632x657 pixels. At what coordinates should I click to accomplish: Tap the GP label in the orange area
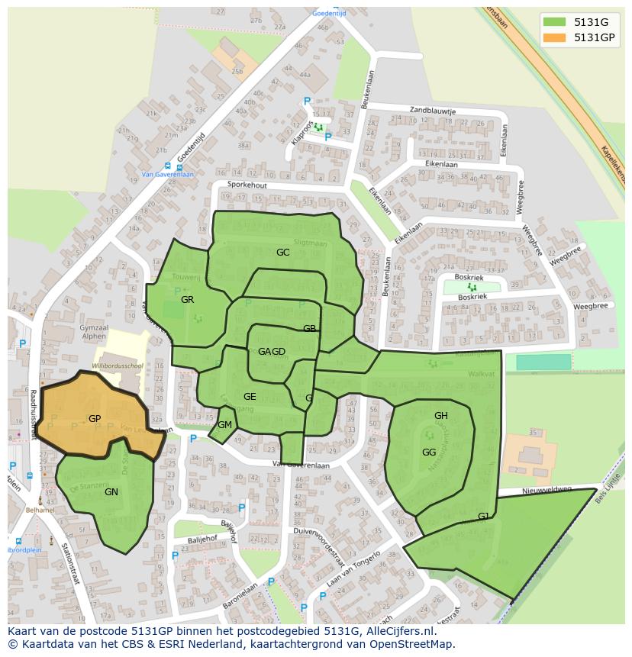[95, 419]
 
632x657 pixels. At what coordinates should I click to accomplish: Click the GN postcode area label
[111, 492]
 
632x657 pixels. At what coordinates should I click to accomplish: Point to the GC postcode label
[283, 252]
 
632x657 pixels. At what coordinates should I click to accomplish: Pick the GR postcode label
[188, 300]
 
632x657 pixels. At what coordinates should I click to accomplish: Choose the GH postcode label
[441, 416]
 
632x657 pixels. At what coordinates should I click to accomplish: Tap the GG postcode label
[429, 452]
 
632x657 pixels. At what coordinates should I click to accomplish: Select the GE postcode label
[250, 397]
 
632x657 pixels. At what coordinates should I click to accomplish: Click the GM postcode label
[224, 425]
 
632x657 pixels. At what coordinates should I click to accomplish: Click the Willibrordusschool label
[119, 366]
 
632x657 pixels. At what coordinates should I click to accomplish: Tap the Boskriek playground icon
[472, 288]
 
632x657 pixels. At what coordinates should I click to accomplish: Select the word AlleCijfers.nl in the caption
[397, 631]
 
